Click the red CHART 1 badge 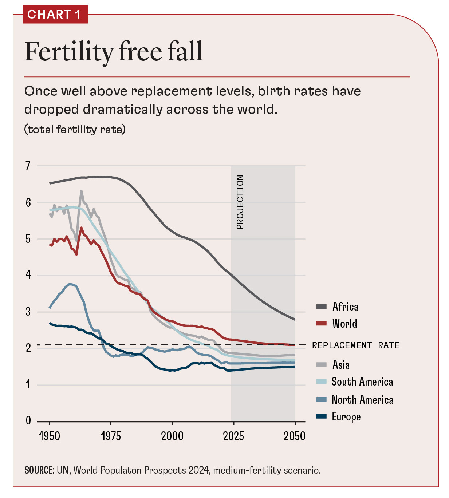click(55, 15)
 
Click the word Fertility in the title click(69, 52)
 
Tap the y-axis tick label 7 click(28, 166)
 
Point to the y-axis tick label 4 click(28, 275)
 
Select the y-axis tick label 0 click(28, 421)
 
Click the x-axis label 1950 click(50, 436)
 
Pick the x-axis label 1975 click(111, 436)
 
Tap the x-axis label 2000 click(172, 436)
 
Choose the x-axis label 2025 click(233, 436)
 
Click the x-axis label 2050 click(295, 436)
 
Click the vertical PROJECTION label click(240, 202)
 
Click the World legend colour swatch click(322, 324)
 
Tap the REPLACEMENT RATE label click(356, 345)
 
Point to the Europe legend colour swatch click(322, 416)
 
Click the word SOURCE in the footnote click(39, 470)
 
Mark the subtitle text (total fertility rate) click(75, 129)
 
